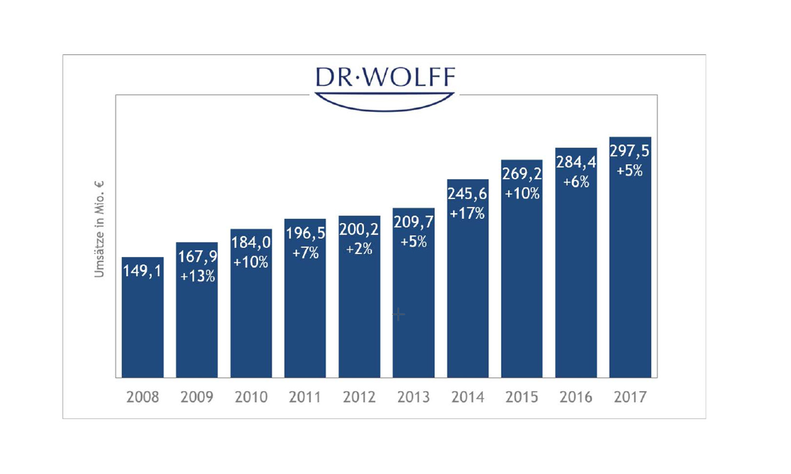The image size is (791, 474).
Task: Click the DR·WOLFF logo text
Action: click(x=385, y=78)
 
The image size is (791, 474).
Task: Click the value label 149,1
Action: click(x=142, y=271)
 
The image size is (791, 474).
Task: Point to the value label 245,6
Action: click(x=467, y=194)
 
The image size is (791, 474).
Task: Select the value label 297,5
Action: click(x=629, y=151)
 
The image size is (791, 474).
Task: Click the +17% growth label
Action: click(x=467, y=213)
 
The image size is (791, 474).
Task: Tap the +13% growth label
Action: click(x=197, y=276)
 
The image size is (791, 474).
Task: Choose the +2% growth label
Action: click(x=359, y=249)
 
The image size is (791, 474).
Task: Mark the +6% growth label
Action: click(x=576, y=182)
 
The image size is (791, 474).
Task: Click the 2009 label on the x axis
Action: click(x=197, y=397)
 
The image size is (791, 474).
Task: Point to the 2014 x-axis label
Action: click(x=468, y=397)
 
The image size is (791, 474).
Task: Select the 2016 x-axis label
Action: click(x=576, y=397)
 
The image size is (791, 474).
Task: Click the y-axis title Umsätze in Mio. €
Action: click(x=99, y=229)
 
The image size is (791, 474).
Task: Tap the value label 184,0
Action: click(x=251, y=242)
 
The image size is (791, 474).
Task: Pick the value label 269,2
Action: click(x=522, y=173)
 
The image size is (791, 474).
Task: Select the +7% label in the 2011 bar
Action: click(x=306, y=253)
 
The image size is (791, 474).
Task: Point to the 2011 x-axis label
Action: click(x=305, y=397)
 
